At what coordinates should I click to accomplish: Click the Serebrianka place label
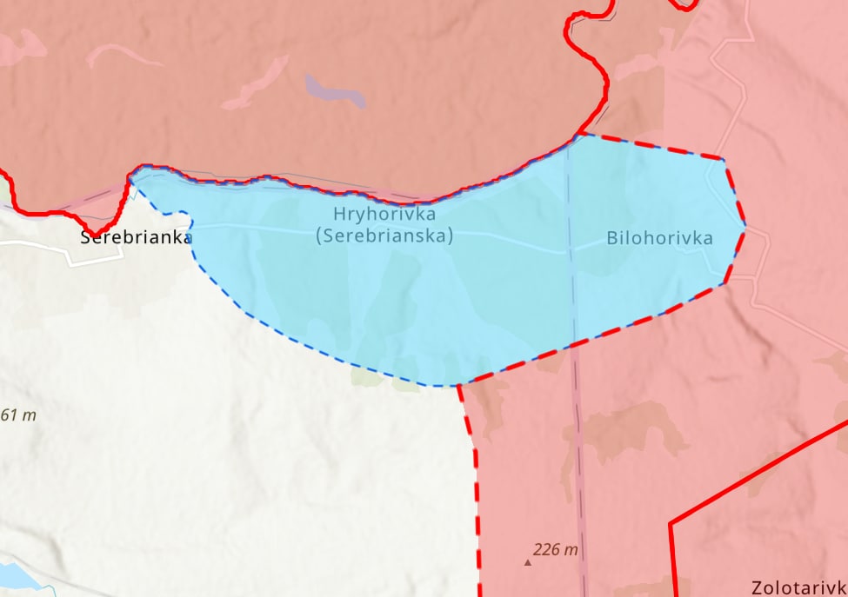[136, 237]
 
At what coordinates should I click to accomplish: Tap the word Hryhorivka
[384, 214]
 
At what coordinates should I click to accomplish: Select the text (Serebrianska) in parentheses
[384, 235]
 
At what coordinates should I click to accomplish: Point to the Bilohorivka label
[659, 238]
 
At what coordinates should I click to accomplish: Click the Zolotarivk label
[799, 587]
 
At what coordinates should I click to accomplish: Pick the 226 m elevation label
[556, 550]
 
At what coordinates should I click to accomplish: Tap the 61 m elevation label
[18, 415]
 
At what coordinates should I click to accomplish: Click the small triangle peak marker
[527, 563]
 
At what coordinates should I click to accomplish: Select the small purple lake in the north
[335, 90]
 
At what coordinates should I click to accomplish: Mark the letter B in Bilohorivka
[612, 238]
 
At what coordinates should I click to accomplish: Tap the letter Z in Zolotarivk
[758, 587]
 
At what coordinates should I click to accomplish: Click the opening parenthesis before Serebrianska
[319, 235]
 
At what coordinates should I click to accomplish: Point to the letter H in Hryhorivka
[338, 214]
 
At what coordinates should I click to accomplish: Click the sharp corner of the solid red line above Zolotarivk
[671, 523]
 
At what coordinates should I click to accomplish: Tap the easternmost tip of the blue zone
[745, 227]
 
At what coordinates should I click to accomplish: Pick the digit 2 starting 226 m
[538, 550]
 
